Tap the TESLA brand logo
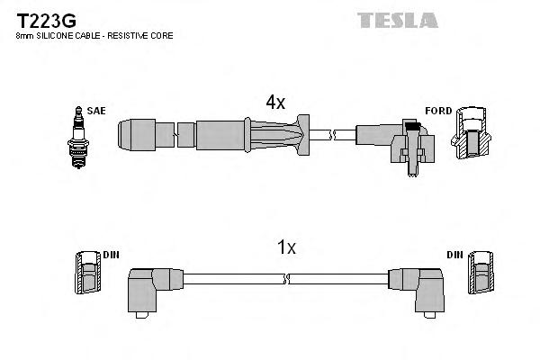click(x=397, y=19)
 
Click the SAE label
click(x=96, y=111)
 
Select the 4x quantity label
click(x=274, y=103)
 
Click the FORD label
click(x=437, y=111)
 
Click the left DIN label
click(x=111, y=255)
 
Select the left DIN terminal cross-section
click(x=86, y=273)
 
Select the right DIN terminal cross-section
click(x=481, y=273)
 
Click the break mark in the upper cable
click(x=332, y=135)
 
